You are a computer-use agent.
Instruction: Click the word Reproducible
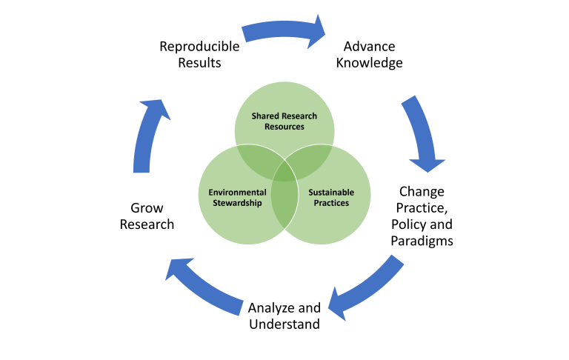click(199, 47)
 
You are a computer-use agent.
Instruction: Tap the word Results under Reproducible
click(199, 63)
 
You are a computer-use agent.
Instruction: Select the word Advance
click(370, 47)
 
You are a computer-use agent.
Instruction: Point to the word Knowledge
click(370, 63)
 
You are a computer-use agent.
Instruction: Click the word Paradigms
click(422, 241)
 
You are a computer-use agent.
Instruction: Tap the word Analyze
click(271, 308)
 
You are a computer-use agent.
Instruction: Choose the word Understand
click(284, 324)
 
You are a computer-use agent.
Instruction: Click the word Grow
click(147, 208)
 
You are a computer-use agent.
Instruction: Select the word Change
click(422, 192)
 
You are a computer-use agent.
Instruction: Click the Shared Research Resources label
click(284, 121)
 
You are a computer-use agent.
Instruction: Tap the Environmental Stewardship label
click(237, 198)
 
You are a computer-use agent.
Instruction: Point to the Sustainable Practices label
click(331, 198)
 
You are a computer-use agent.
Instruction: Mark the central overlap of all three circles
click(284, 173)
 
